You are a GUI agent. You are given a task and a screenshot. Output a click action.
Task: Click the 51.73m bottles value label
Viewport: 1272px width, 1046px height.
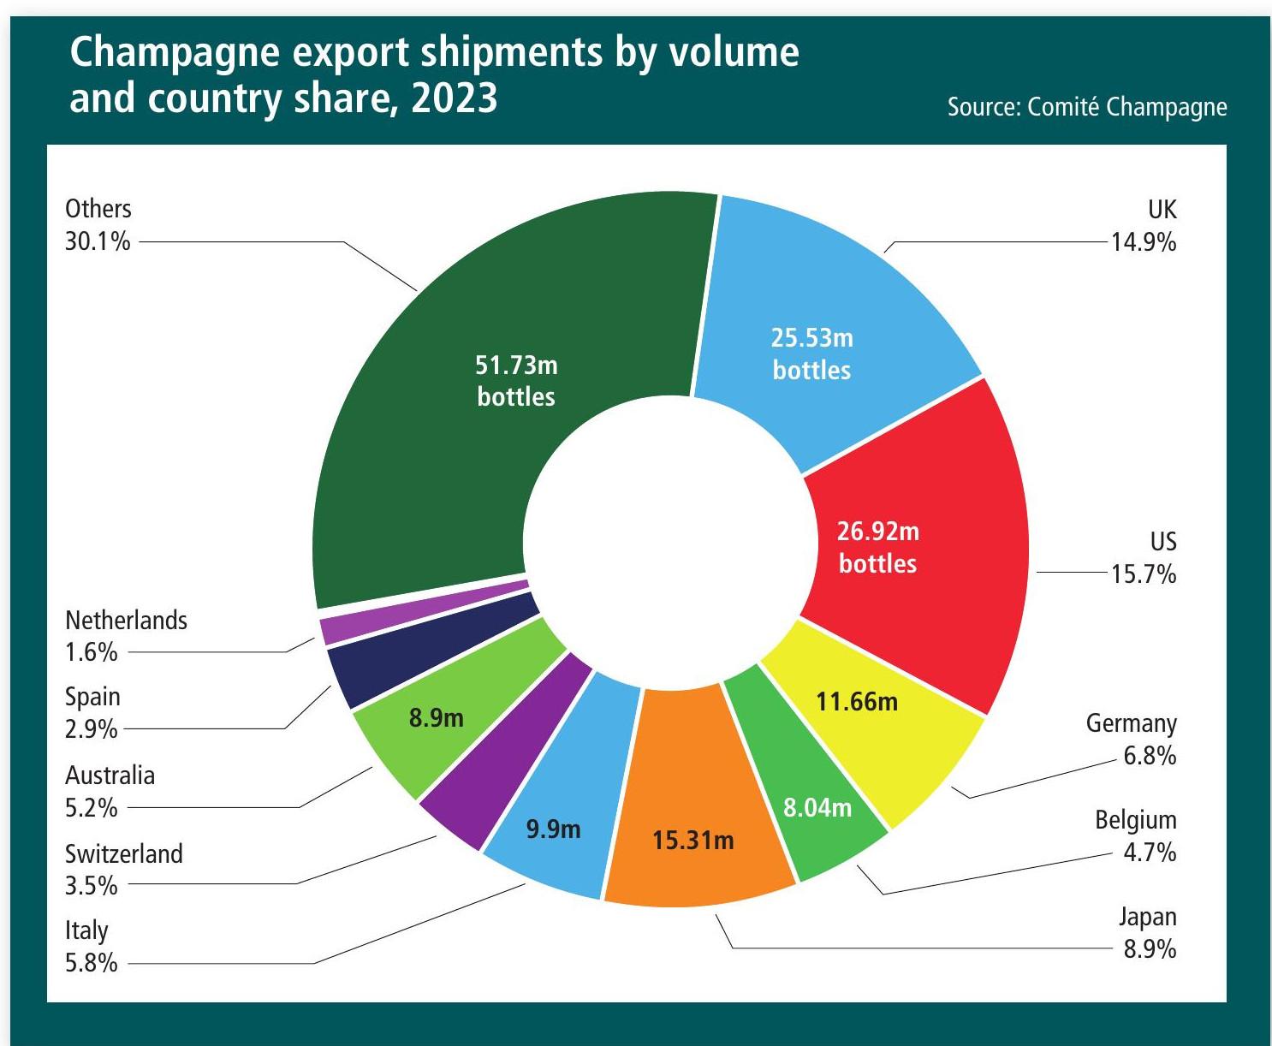[x=516, y=381]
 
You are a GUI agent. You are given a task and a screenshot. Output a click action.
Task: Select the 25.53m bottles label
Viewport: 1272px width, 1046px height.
[x=811, y=354]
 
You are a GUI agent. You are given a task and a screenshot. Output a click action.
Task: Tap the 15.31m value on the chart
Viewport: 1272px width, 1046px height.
[x=693, y=841]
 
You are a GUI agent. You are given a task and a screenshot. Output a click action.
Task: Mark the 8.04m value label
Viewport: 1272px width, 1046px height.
[x=817, y=807]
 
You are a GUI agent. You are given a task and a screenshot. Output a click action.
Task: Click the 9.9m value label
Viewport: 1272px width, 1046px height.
[x=553, y=829]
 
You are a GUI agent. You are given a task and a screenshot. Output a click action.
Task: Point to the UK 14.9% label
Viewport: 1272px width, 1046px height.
[x=1144, y=226]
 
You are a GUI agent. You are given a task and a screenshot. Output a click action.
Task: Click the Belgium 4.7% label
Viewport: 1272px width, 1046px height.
[x=1136, y=836]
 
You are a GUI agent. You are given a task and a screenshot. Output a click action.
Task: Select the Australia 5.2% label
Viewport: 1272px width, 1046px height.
[x=110, y=791]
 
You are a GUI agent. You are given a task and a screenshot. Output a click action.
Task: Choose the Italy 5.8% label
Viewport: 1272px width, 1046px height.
[x=91, y=946]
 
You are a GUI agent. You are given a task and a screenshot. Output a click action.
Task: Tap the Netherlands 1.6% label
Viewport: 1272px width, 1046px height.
[x=126, y=635]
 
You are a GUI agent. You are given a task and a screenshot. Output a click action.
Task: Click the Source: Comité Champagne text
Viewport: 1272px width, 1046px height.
[x=1087, y=107]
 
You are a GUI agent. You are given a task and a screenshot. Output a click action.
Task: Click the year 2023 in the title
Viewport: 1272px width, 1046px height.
[x=454, y=98]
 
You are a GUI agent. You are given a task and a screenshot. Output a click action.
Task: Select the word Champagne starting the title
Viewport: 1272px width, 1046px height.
[x=175, y=53]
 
